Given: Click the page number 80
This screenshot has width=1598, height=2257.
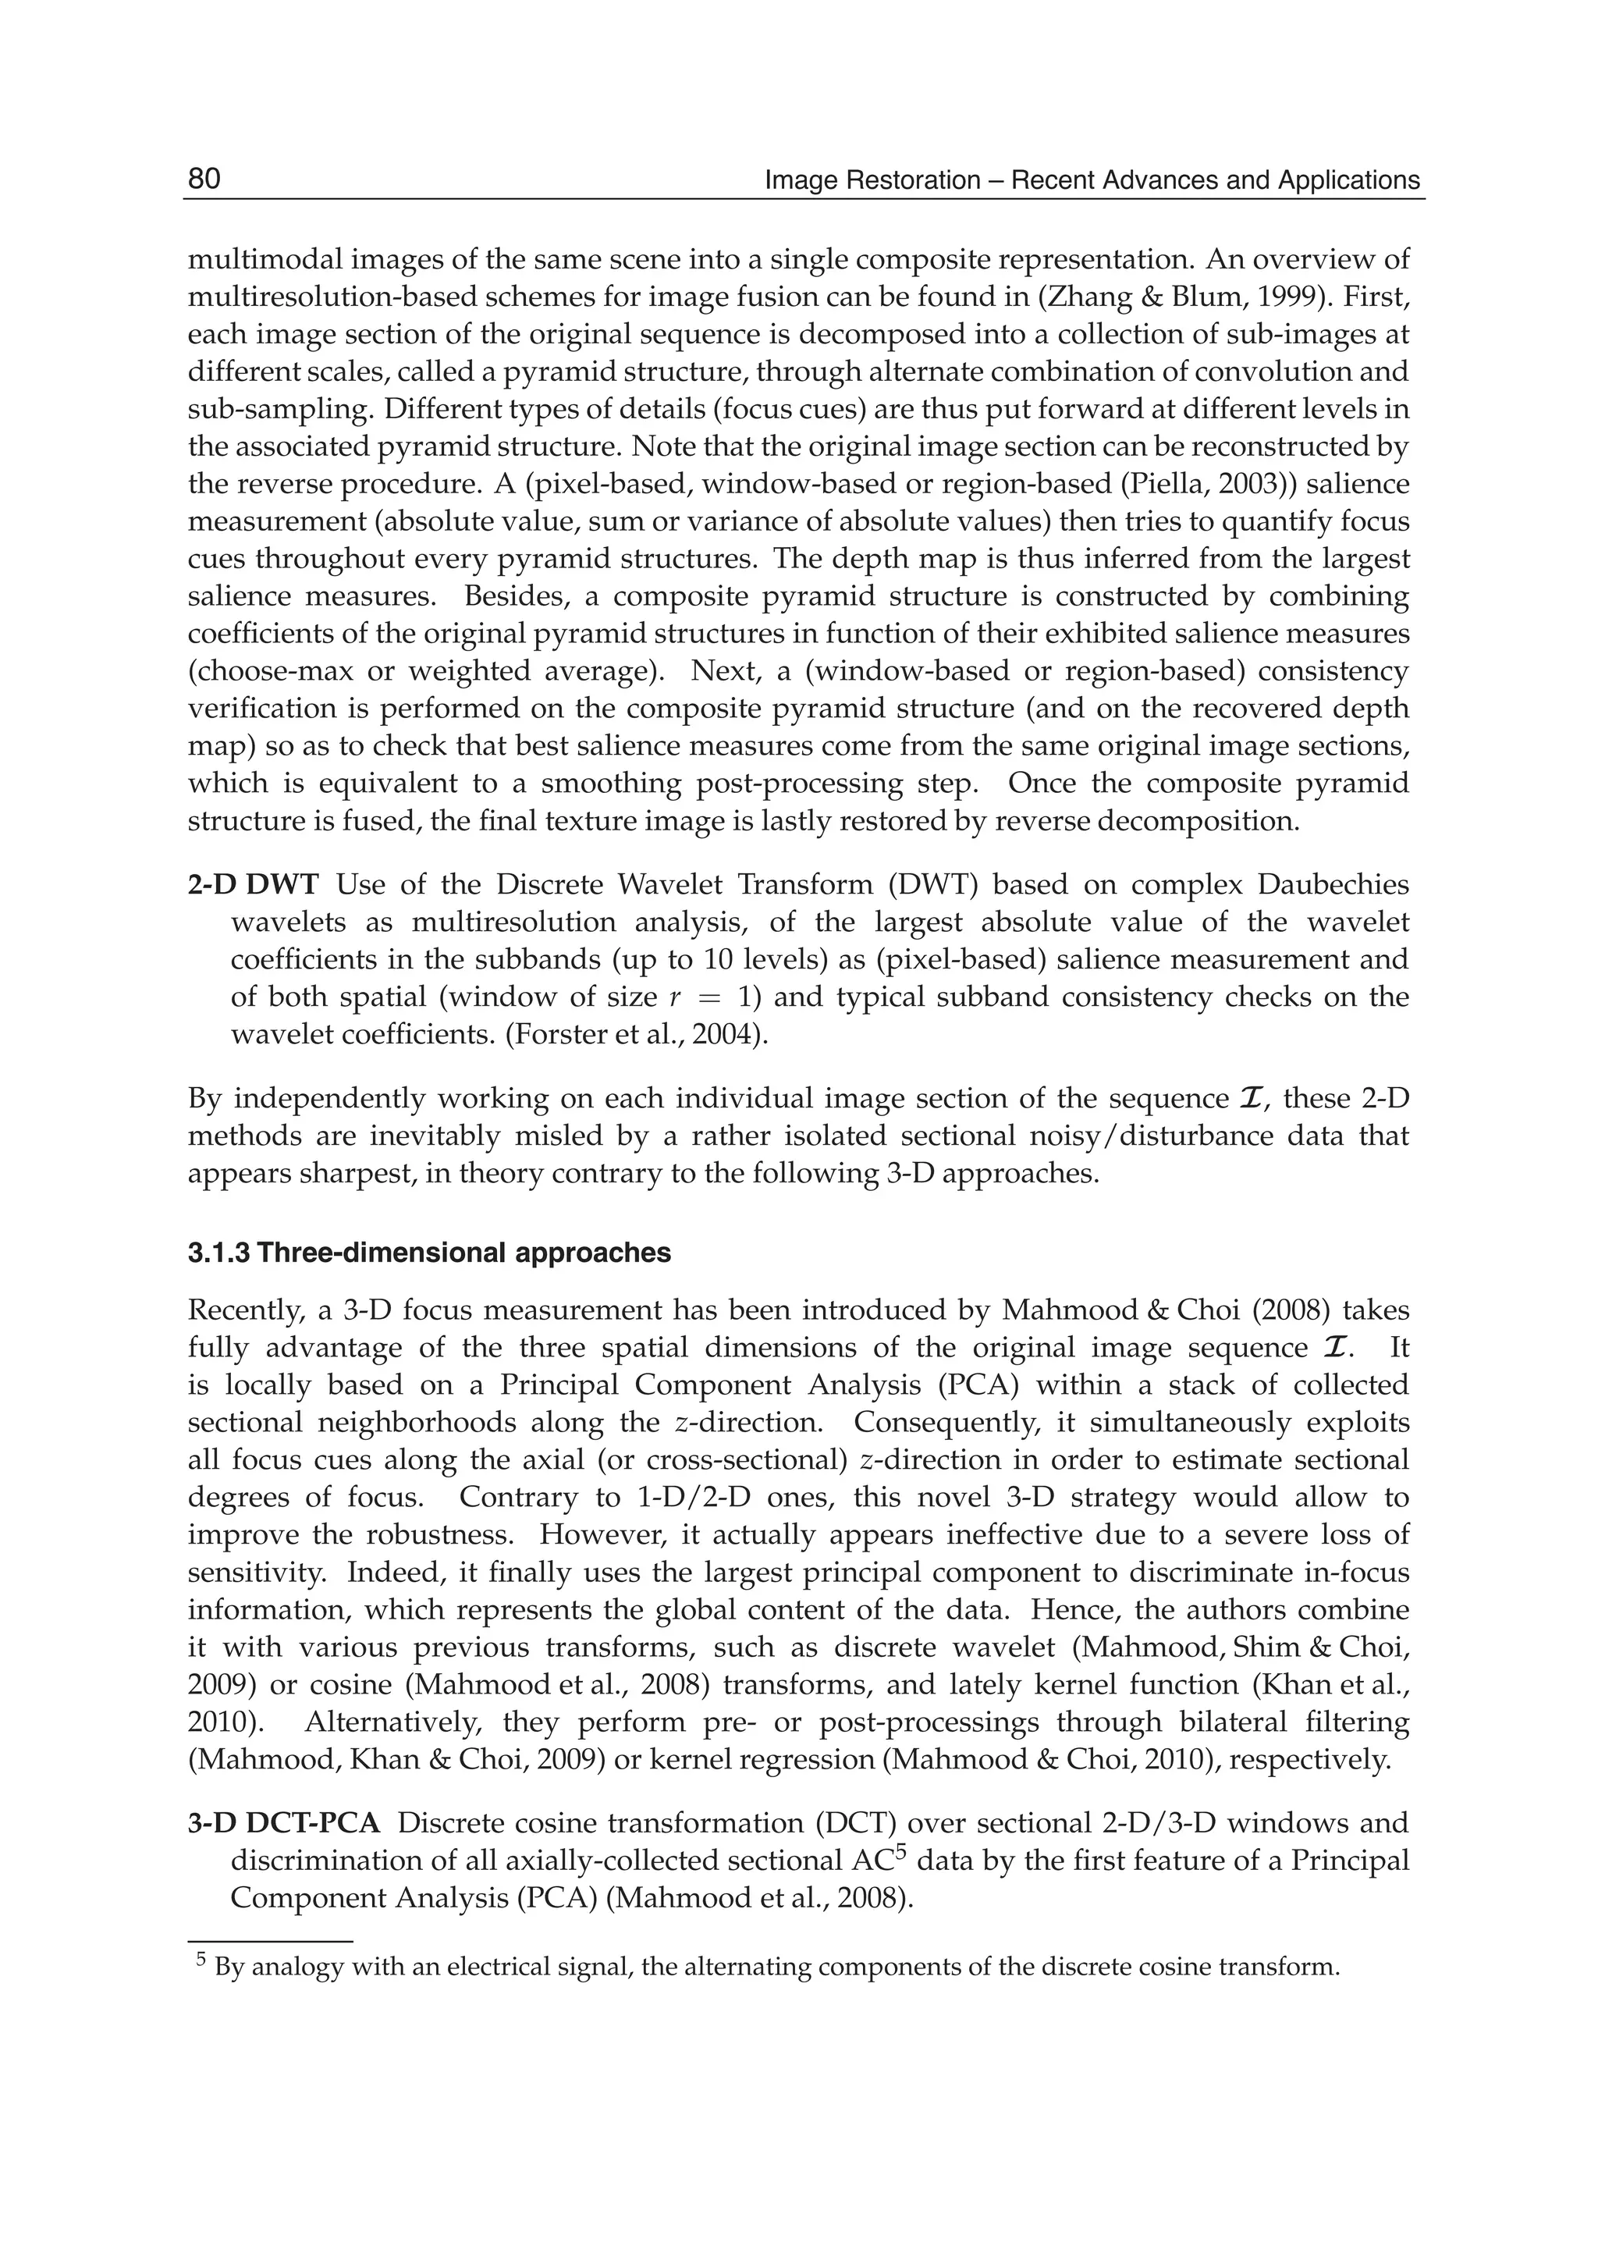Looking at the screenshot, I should coord(204,179).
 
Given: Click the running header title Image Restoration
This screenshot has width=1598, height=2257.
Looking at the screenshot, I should coord(1092,181).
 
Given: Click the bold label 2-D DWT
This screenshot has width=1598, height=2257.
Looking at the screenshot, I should coord(253,885).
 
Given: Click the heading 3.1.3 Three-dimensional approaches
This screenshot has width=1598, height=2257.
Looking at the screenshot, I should coord(429,1253).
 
